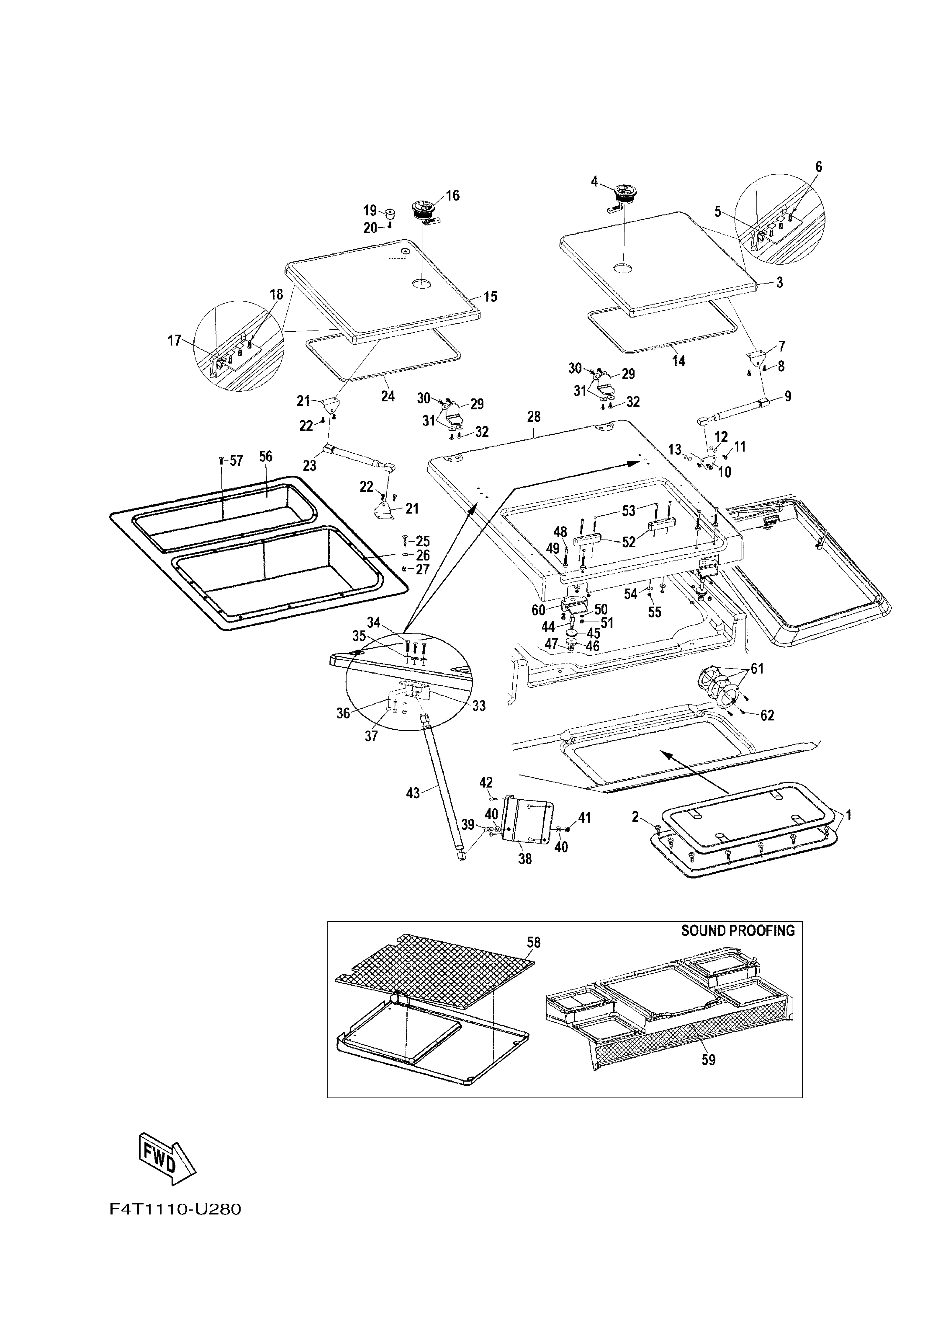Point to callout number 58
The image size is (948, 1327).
pos(534,942)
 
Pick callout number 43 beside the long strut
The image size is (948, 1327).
pos(413,793)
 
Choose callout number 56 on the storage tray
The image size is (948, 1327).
pos(266,456)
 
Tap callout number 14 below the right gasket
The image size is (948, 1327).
pos(678,362)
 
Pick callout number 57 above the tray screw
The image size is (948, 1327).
pos(236,461)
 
